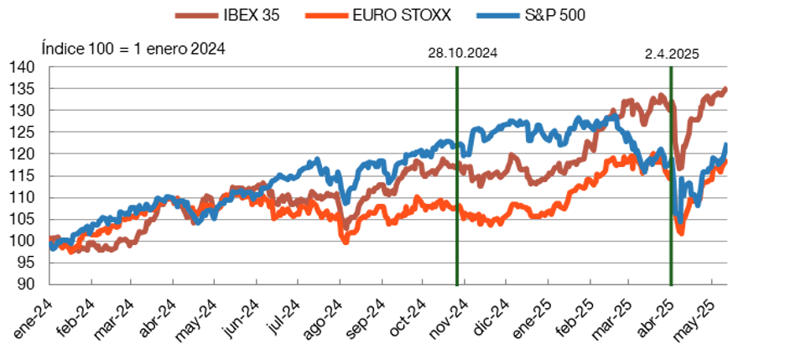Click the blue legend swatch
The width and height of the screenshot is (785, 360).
(x=497, y=15)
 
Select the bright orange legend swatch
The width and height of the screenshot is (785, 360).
(x=326, y=15)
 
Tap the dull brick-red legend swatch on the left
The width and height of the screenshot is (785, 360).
(x=196, y=15)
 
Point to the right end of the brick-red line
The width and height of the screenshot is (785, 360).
(x=725, y=87)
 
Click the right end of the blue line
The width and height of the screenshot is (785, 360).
(x=725, y=145)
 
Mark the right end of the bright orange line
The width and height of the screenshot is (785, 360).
(x=725, y=161)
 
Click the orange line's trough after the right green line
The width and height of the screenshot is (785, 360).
(x=680, y=232)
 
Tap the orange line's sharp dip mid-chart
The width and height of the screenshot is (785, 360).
(x=345, y=241)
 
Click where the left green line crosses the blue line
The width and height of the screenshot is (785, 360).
(x=457, y=148)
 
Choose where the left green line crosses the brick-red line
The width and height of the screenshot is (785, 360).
(x=457, y=166)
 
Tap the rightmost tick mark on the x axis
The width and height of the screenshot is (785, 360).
(x=712, y=280)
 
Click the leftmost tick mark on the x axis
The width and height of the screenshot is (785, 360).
(x=91, y=280)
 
